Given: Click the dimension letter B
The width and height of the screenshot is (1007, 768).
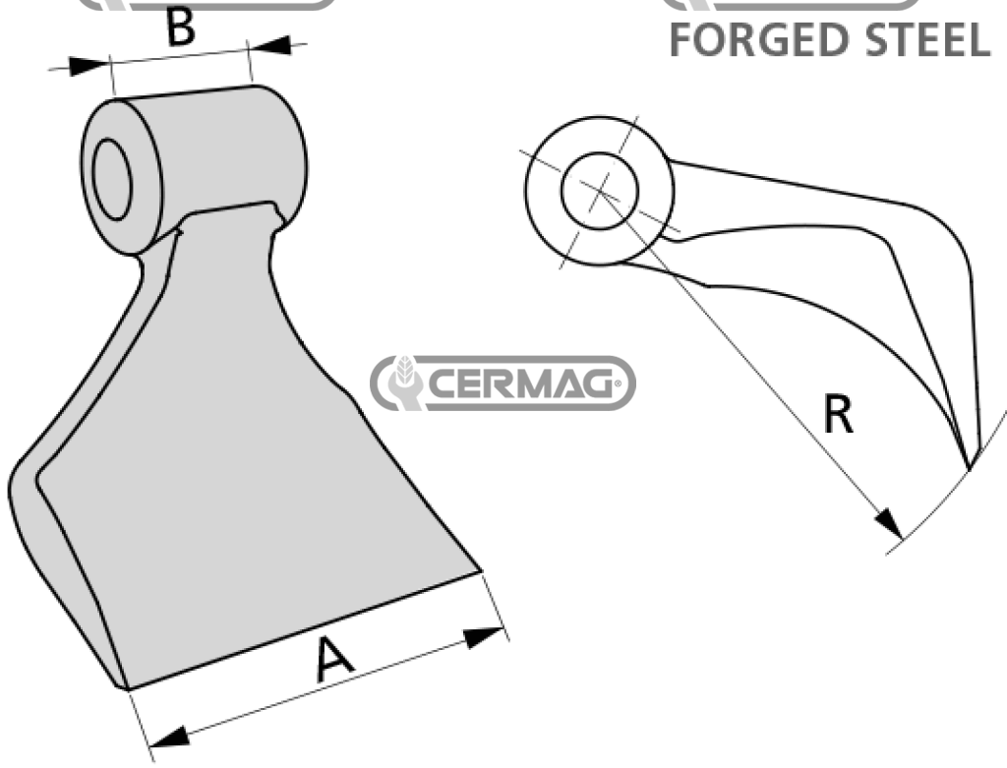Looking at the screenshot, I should tap(179, 28).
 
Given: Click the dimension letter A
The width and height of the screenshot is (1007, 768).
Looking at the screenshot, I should tap(334, 658).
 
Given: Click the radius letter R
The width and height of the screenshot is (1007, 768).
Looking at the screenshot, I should tap(838, 416).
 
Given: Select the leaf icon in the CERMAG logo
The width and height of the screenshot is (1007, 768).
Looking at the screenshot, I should tap(403, 383).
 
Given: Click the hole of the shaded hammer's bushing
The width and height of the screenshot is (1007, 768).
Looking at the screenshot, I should tap(112, 179).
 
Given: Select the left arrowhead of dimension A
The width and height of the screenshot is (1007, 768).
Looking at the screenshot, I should tap(169, 736).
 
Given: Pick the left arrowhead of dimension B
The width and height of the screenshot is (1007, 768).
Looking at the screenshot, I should tap(89, 66).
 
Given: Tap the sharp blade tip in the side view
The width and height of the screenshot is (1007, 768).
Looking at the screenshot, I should tap(969, 468).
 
